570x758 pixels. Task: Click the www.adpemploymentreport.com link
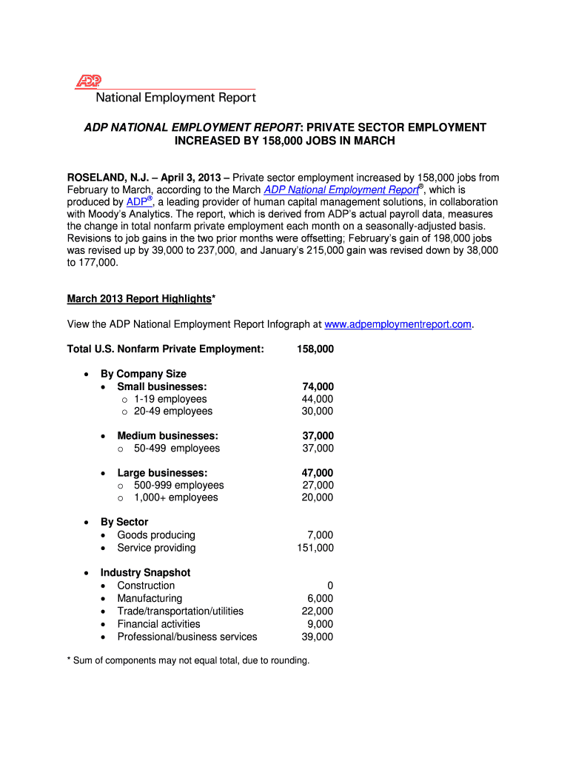tap(398, 324)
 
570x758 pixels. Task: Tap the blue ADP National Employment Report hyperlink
tap(332, 189)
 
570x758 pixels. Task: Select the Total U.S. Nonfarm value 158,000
tap(315, 349)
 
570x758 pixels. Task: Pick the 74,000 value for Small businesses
tap(318, 386)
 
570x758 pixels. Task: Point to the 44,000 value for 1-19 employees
tap(318, 399)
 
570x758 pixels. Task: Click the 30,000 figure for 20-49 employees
tap(318, 411)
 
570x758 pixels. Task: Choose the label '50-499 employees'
tap(177, 448)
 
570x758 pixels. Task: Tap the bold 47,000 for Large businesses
tap(318, 473)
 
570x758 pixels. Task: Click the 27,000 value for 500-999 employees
tap(318, 486)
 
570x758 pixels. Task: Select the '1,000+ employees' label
tap(176, 497)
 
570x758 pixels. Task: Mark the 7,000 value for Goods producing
tap(320, 535)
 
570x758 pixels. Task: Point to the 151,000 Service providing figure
tap(315, 548)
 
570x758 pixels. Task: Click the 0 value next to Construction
tap(329, 586)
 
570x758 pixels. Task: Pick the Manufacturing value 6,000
tap(320, 598)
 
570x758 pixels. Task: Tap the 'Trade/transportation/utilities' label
tap(180, 611)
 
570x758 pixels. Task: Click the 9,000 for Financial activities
tap(320, 624)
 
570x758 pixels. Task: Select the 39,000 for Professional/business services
tap(318, 637)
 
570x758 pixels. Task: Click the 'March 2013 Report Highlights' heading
tap(139, 298)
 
